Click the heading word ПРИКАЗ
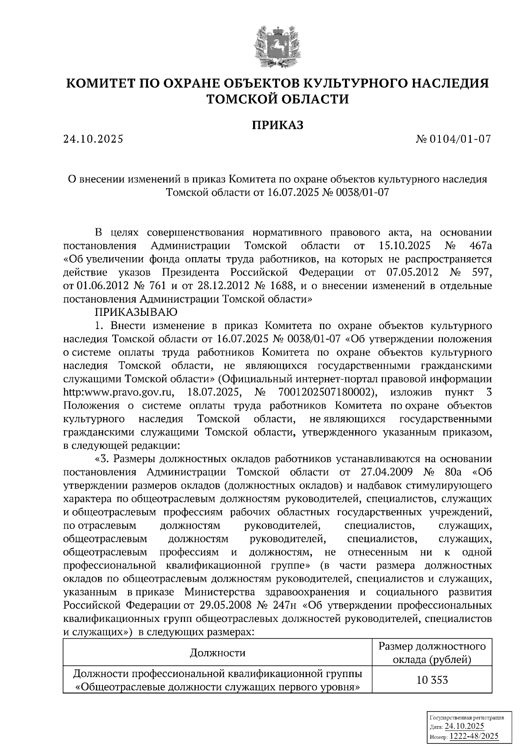tap(277, 125)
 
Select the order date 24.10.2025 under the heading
tap(93, 140)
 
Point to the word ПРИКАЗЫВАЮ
tap(136, 312)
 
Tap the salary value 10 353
tap(432, 680)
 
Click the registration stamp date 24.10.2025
tap(464, 726)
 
